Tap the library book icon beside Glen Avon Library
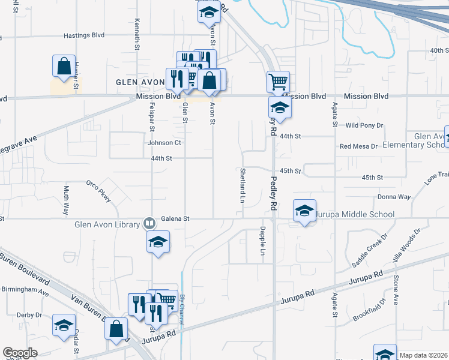coord(149,224)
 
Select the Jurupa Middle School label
coord(355,214)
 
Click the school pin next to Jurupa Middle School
coord(305,211)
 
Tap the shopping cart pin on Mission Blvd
coord(278,81)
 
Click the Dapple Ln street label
coord(262,242)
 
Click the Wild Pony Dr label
coord(364,125)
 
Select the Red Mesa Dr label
coord(358,146)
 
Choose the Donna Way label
coord(394,197)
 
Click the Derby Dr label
coord(29,314)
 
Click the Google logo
coord(20,353)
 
